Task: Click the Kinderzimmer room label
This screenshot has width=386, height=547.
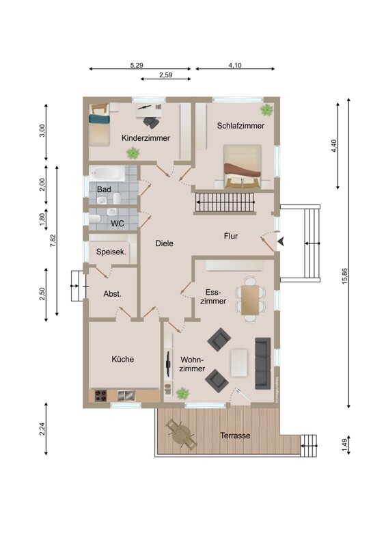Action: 146,138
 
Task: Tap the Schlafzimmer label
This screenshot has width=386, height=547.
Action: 240,126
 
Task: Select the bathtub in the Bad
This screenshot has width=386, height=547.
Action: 107,174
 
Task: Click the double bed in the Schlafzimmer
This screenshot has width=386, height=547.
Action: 243,166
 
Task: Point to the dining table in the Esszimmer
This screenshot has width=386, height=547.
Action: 250,300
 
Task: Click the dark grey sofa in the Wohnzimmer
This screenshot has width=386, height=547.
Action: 263,363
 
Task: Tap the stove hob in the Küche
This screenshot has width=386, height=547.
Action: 101,396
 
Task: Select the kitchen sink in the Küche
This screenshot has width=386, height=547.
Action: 126,396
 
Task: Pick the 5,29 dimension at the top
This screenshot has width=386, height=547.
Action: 137,65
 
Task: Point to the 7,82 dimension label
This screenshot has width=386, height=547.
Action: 53,241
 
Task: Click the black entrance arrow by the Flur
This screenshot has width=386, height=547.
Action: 281,241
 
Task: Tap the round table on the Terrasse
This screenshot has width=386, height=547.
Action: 182,433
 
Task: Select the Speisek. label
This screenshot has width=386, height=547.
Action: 111,252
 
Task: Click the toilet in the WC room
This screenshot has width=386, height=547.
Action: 95,219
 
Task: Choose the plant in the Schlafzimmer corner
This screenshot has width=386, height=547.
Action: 266,110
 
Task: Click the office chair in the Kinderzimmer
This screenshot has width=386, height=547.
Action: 152,122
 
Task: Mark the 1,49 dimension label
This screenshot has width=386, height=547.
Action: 345,446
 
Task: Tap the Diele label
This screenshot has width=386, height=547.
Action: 164,243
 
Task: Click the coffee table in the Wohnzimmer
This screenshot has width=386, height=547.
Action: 239,363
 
